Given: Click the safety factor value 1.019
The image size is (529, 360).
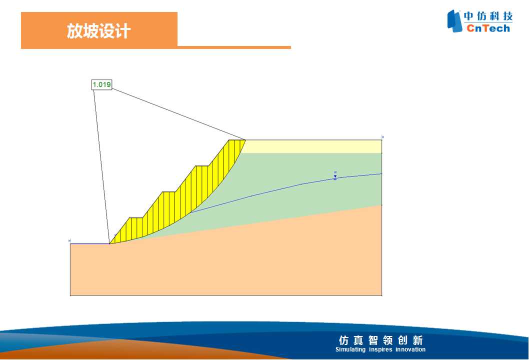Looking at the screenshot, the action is [x=101, y=84].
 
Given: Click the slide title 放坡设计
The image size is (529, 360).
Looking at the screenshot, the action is [x=98, y=31].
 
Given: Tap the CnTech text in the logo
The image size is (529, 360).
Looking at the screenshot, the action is [x=488, y=28].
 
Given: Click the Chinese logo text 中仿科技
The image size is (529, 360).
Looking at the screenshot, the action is [x=488, y=16].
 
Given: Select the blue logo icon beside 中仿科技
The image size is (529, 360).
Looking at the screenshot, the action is [x=454, y=21].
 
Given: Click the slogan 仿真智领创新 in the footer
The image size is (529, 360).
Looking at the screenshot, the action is [x=380, y=340].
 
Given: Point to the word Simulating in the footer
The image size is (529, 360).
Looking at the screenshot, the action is [x=350, y=349].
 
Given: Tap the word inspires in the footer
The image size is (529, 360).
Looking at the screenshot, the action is [x=380, y=349].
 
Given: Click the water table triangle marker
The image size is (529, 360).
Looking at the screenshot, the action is [x=335, y=176].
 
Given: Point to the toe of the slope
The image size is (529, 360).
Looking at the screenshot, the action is [x=109, y=243].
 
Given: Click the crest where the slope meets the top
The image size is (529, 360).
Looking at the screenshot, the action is [x=245, y=139].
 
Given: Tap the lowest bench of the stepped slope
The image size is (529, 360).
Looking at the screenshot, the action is [x=136, y=218].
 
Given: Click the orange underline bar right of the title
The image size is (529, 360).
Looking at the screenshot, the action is [x=234, y=47].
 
